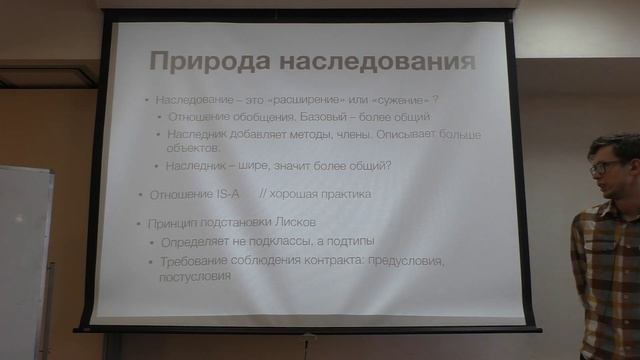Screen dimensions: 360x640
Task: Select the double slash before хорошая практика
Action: click(264, 194)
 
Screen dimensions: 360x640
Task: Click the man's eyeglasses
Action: click(603, 168)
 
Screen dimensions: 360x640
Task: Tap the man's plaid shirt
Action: click(605, 270)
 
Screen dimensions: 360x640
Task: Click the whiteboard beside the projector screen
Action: click(24, 260)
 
